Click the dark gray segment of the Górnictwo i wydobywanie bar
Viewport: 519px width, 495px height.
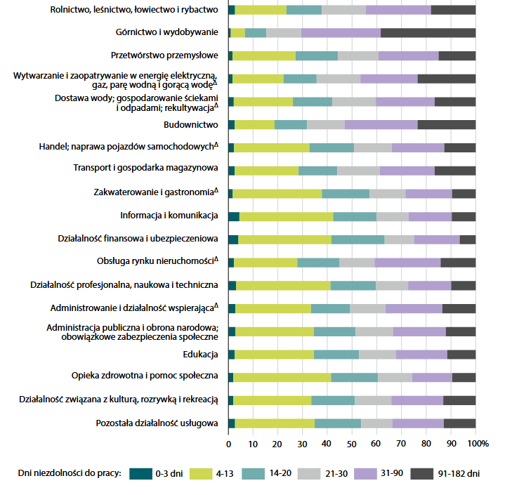(x=428, y=32)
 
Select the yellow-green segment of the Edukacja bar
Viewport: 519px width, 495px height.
(x=274, y=354)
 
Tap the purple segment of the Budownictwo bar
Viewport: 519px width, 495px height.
(x=381, y=124)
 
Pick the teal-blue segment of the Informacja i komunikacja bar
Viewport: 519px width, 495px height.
(x=355, y=216)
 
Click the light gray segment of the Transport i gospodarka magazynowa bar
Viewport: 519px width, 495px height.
(x=358, y=170)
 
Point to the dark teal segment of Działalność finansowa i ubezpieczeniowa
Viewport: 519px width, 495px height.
(x=233, y=239)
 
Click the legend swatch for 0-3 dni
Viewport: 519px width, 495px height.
(x=140, y=473)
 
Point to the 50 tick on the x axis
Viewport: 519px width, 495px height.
(x=352, y=444)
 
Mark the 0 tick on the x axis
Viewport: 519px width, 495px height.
(x=229, y=444)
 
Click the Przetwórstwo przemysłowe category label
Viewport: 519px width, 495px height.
(x=166, y=55)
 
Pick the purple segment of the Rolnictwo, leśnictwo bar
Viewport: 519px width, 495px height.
(x=398, y=10)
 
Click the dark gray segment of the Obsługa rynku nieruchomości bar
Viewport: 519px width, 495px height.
(x=458, y=262)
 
